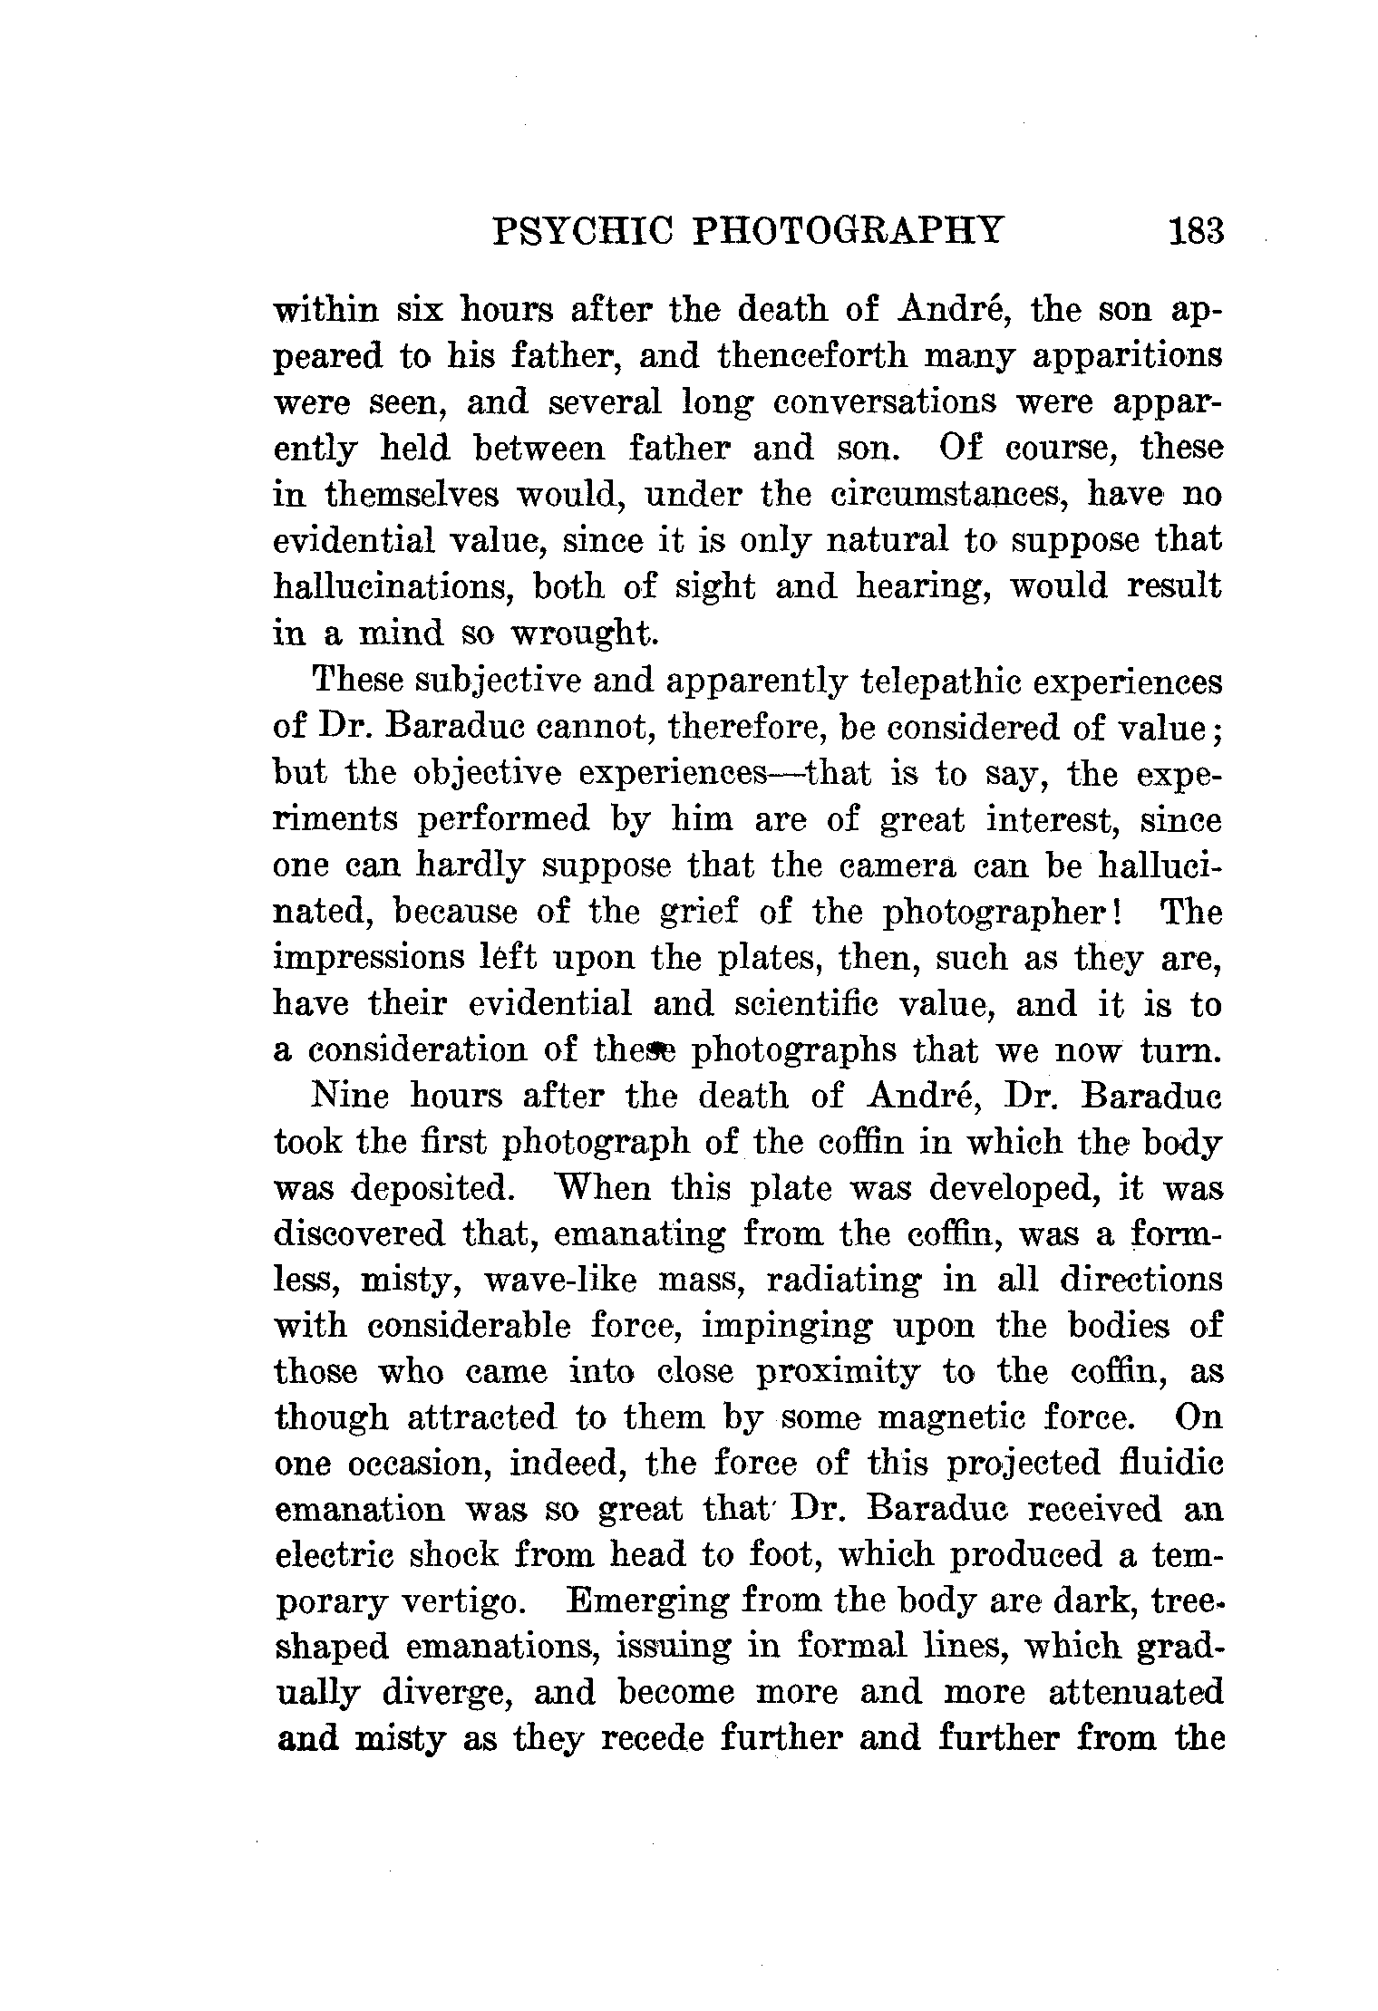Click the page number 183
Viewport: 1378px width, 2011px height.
(x=1197, y=231)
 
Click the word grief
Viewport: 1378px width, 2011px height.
(x=698, y=912)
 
